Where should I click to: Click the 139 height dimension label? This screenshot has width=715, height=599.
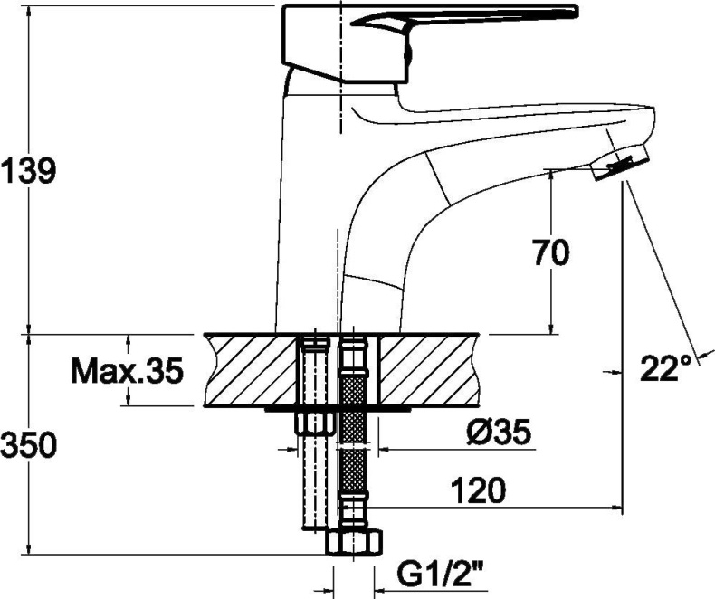pyautogui.click(x=29, y=170)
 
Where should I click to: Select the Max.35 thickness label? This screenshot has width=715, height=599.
pyautogui.click(x=128, y=370)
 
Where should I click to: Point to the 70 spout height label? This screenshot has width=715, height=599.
pyautogui.click(x=551, y=252)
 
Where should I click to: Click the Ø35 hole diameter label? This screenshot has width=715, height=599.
pyautogui.click(x=499, y=432)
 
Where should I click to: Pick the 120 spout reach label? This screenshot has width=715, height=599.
pyautogui.click(x=479, y=490)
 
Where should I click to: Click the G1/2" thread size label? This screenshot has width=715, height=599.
pyautogui.click(x=441, y=576)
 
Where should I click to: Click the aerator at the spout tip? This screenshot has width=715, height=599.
pyautogui.click(x=620, y=163)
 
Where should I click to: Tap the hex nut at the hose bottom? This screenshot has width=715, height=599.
pyautogui.click(x=355, y=543)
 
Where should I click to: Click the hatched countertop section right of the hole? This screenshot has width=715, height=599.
pyautogui.click(x=430, y=369)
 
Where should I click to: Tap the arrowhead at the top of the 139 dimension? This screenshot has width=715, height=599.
pyautogui.click(x=29, y=13)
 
